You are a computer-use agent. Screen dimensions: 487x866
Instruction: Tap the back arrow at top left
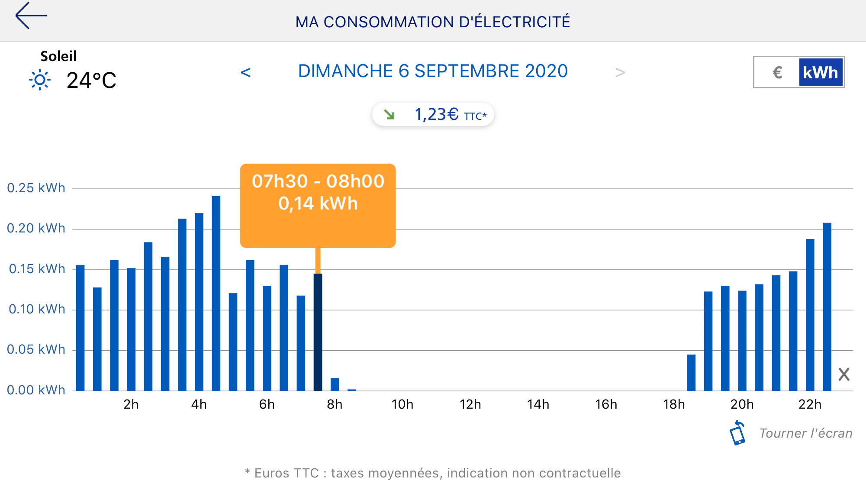click(x=30, y=16)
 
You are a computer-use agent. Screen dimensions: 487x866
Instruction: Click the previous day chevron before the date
click(x=245, y=72)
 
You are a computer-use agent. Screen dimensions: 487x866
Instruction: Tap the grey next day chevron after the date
click(x=620, y=72)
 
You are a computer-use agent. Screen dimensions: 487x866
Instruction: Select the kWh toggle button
click(x=820, y=73)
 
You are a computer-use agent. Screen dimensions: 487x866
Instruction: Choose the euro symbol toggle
click(x=777, y=73)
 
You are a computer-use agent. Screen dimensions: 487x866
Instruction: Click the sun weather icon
click(x=40, y=80)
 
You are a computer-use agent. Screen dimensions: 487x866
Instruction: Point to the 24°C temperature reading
click(x=91, y=81)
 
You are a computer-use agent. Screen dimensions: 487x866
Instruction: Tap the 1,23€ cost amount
click(x=436, y=115)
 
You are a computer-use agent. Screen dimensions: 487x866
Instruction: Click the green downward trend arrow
click(x=389, y=115)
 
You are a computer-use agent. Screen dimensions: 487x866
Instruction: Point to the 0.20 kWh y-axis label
click(x=36, y=228)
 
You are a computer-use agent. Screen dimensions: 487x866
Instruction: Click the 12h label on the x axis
click(x=470, y=404)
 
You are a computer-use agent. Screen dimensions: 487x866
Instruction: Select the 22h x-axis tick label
click(x=809, y=404)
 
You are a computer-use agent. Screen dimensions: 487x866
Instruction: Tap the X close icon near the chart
click(x=843, y=374)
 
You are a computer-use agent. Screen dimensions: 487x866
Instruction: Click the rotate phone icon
click(x=737, y=433)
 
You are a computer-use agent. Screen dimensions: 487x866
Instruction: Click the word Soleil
click(x=58, y=56)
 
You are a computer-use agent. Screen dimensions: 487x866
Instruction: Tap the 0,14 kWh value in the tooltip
click(x=318, y=203)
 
